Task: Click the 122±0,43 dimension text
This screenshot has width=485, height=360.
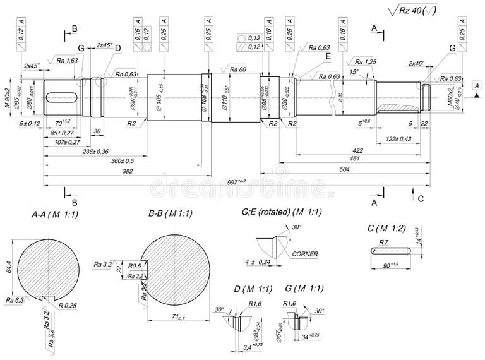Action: coord(398,139)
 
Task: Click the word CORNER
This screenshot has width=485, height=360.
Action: coord(305,254)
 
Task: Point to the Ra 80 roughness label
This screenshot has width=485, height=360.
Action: coord(237,69)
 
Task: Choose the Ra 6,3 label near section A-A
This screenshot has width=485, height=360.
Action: coord(14,299)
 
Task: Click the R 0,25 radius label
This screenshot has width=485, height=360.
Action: coord(68,306)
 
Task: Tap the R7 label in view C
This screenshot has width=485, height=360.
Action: coord(383,243)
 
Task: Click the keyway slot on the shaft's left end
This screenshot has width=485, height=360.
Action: coord(61,97)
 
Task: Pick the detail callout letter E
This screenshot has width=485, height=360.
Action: coord(328,56)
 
